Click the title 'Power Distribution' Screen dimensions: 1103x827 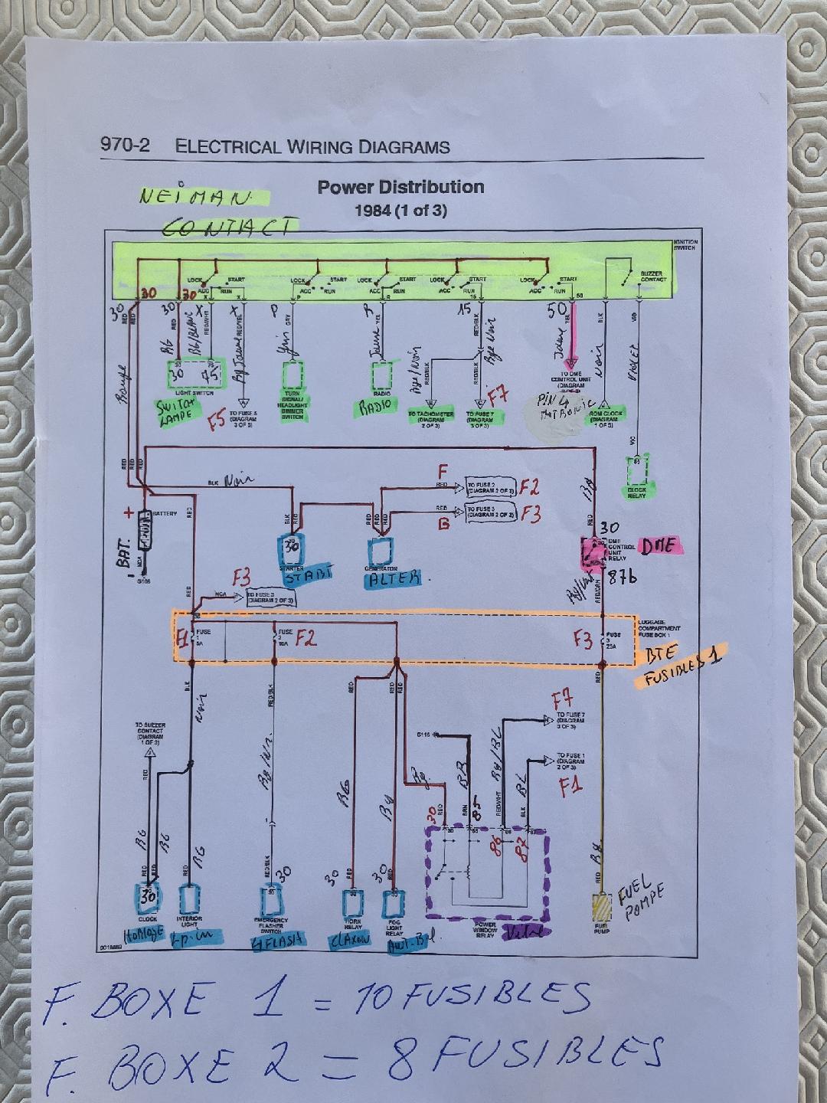(400, 187)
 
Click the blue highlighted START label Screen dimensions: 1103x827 (309, 573)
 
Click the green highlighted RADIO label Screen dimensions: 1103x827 (374, 404)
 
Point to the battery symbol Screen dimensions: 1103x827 (143, 528)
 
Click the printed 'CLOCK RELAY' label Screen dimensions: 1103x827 (636, 493)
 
